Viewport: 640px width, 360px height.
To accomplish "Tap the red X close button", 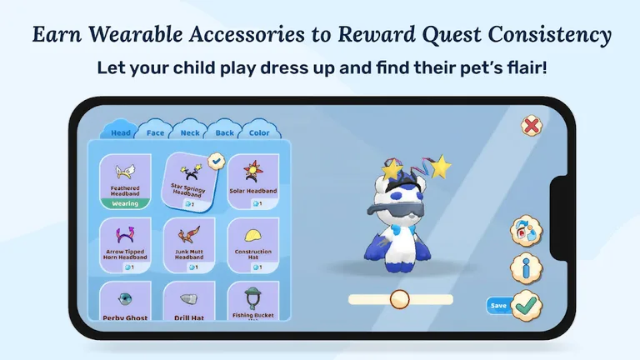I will (531, 126).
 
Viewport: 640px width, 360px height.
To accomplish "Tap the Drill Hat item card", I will (189, 304).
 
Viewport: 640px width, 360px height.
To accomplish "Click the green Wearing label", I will (125, 202).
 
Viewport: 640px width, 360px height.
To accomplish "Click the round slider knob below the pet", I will (400, 299).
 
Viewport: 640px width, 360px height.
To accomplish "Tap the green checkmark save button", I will (526, 306).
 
